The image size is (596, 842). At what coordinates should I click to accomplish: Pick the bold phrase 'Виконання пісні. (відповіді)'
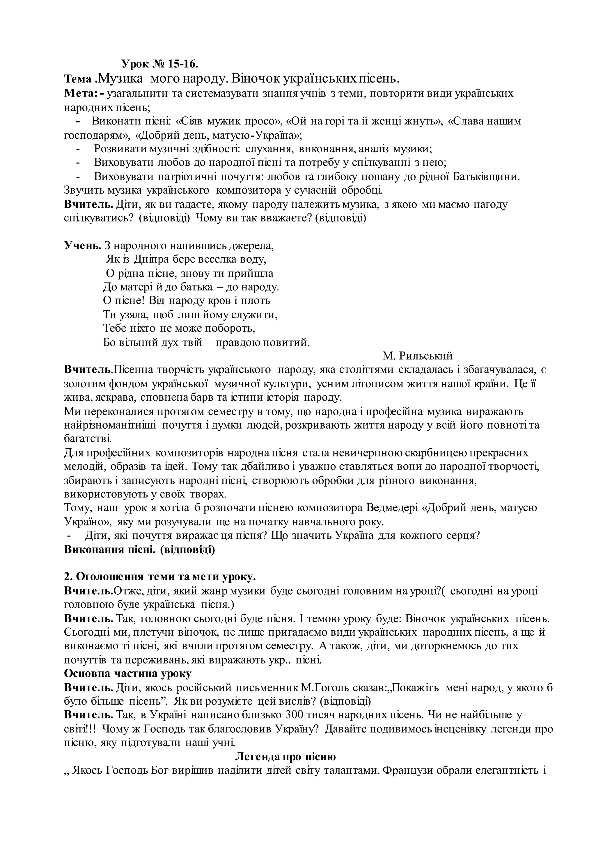click(139, 550)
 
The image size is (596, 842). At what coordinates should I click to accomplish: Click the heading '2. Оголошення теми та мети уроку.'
click(160, 577)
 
